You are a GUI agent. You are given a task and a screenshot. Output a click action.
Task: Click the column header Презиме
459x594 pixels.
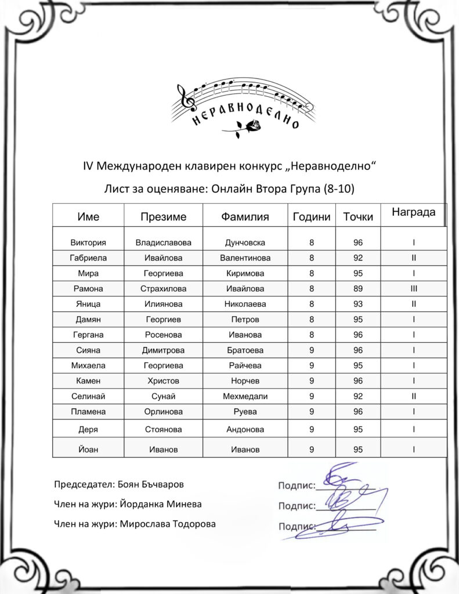[163, 217]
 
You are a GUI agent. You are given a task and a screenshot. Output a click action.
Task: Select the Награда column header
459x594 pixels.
[413, 212]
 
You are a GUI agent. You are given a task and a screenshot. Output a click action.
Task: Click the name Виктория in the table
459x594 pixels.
[88, 242]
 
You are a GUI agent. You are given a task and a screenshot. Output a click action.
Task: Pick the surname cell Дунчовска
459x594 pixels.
[245, 242]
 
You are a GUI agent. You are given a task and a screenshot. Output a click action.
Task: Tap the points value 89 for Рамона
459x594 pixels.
[357, 288]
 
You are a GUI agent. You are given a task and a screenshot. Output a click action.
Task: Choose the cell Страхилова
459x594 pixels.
[163, 288]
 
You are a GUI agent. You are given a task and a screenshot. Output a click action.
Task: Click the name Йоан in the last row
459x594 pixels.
[88, 449]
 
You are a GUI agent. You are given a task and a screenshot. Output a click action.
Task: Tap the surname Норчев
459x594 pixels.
[245, 381]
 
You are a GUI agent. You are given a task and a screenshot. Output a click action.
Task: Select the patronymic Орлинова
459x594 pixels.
[163, 412]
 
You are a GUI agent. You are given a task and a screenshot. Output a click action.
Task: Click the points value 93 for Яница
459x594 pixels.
[357, 304]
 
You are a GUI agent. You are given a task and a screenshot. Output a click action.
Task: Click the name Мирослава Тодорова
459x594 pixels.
[167, 524]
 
